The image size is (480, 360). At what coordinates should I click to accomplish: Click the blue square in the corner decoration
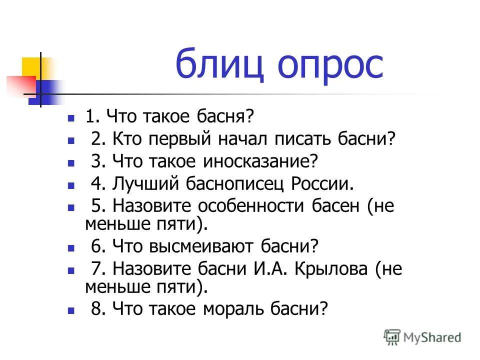[x=45, y=92]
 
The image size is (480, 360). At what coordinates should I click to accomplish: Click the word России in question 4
[x=322, y=184]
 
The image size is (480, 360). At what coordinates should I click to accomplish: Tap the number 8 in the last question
[x=95, y=308]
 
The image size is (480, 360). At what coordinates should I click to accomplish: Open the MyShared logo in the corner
[x=422, y=337]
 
